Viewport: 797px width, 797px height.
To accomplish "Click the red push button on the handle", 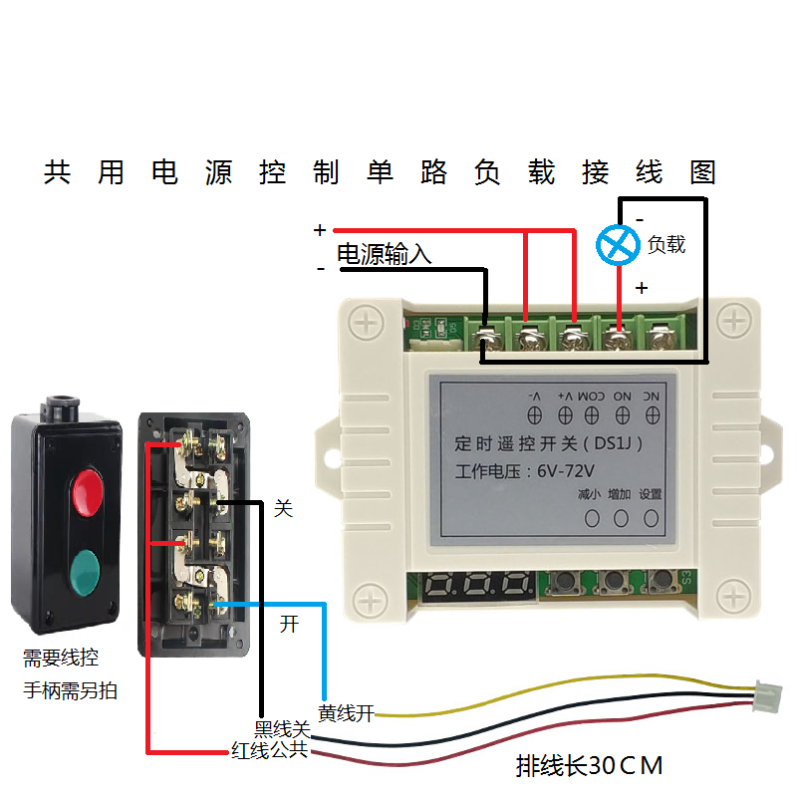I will tap(88, 489).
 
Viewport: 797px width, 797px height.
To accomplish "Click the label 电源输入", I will tap(384, 255).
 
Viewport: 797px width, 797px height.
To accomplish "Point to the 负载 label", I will tap(666, 244).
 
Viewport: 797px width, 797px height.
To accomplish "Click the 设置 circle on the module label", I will tap(651, 518).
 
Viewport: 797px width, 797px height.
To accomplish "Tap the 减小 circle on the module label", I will tap(591, 518).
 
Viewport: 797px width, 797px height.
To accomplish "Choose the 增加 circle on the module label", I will tap(621, 518).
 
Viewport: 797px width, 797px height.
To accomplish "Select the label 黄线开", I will tap(346, 713).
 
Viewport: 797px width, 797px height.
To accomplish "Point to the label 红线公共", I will tap(269, 750).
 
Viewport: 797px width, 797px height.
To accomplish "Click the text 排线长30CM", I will tap(590, 766).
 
